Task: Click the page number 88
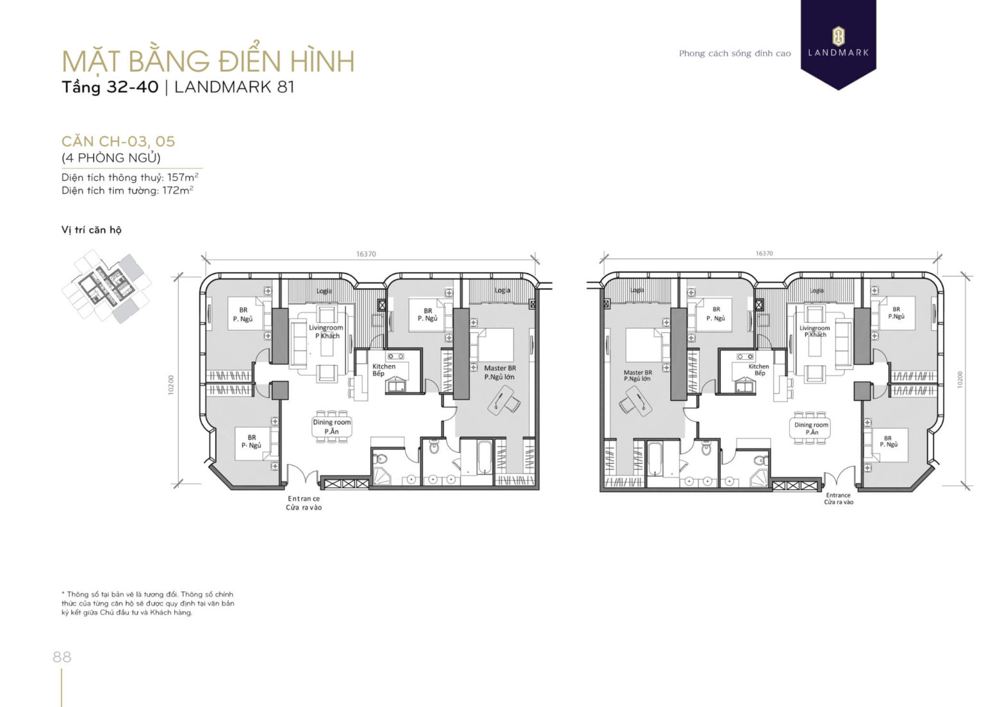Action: click(62, 656)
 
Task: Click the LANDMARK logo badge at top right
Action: click(838, 42)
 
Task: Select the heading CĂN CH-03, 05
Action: click(118, 141)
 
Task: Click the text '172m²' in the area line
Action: click(177, 190)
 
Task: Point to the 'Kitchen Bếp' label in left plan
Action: click(384, 370)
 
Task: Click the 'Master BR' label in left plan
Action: click(500, 368)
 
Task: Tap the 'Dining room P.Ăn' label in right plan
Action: click(811, 428)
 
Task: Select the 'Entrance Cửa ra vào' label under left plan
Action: click(304, 503)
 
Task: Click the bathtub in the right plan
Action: click(657, 459)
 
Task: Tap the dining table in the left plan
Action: click(331, 427)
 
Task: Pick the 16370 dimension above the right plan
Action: click(764, 254)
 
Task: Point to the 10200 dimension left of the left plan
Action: click(171, 384)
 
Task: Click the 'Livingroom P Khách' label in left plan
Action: click(326, 331)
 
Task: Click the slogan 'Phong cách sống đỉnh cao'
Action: click(735, 53)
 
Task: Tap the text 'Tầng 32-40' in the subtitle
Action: click(110, 87)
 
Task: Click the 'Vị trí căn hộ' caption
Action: click(91, 230)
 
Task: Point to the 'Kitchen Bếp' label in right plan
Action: click(758, 370)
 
